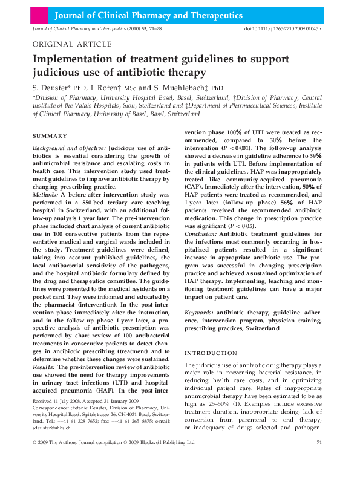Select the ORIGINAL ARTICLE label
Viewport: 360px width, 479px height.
click(x=71, y=45)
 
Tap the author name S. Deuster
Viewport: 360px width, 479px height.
click(x=51, y=87)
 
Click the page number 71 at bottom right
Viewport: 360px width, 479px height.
click(x=318, y=460)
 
